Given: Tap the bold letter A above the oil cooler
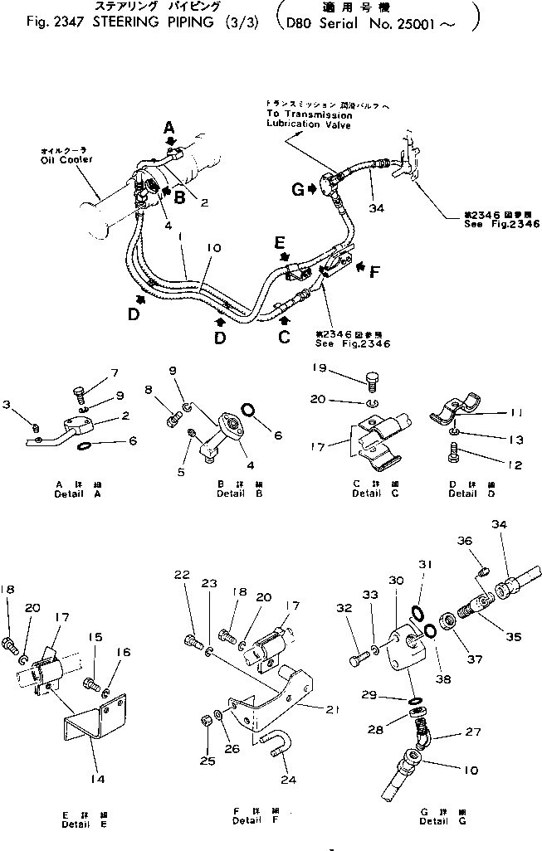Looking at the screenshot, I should (x=168, y=128).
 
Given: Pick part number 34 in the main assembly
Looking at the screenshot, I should (x=376, y=208).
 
